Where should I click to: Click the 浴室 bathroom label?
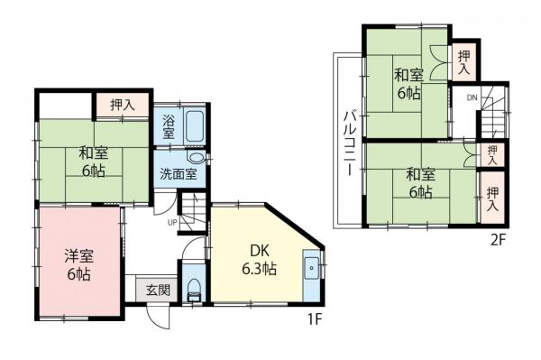tap(169, 127)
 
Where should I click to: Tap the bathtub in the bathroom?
tap(194, 126)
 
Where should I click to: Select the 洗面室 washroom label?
tap(179, 174)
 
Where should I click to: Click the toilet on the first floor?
tap(193, 289)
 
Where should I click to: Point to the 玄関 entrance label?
tap(158, 290)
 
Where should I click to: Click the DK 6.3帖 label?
tap(259, 258)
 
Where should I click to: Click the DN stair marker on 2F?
tap(472, 97)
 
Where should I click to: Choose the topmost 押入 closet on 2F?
tap(463, 62)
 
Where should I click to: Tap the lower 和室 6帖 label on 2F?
tap(417, 182)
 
